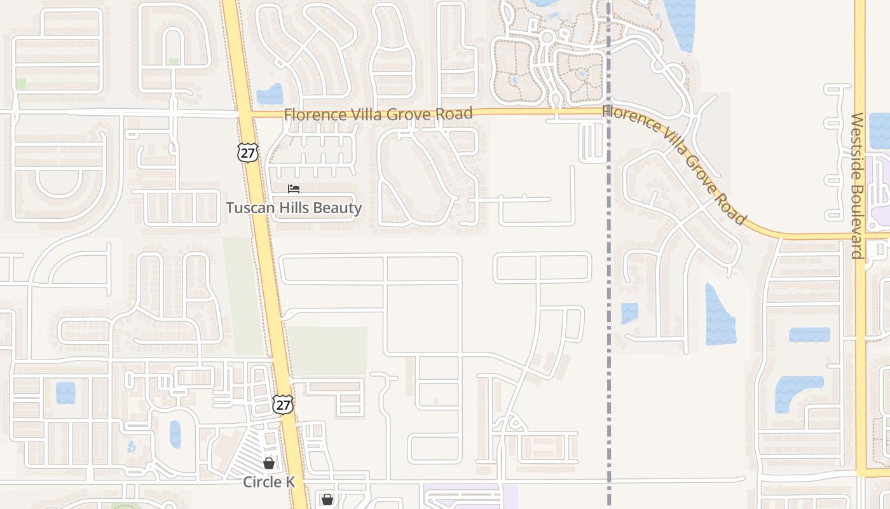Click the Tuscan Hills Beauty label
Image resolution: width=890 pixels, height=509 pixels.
pos(294,208)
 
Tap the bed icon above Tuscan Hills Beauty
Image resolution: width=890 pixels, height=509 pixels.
pos(293,189)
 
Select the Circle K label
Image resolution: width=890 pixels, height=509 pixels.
pos(269,482)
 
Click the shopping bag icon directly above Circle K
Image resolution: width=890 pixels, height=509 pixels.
pos(269,463)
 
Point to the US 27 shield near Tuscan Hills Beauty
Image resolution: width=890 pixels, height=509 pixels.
pos(248,152)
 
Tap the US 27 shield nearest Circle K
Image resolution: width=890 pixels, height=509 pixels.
pos(283,405)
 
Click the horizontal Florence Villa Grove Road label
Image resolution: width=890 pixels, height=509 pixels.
pos(378,114)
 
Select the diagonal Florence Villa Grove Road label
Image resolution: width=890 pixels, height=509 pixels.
pos(674,164)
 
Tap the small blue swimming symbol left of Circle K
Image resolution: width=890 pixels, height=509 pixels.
pos(131,447)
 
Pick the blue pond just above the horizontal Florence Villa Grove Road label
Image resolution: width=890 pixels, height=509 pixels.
pos(270,95)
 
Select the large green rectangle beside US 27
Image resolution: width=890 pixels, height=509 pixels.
pos(328,351)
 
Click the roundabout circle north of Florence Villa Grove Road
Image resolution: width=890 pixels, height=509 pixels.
pos(547,38)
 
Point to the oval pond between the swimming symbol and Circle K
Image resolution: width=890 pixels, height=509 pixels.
pos(175,434)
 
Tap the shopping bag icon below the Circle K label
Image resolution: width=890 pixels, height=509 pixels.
pos(327,500)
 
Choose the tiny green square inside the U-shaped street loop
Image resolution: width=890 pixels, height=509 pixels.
pos(174,62)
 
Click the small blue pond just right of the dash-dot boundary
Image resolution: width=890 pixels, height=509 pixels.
pos(629,312)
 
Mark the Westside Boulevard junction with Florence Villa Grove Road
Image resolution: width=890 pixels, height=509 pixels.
pos(860,236)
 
